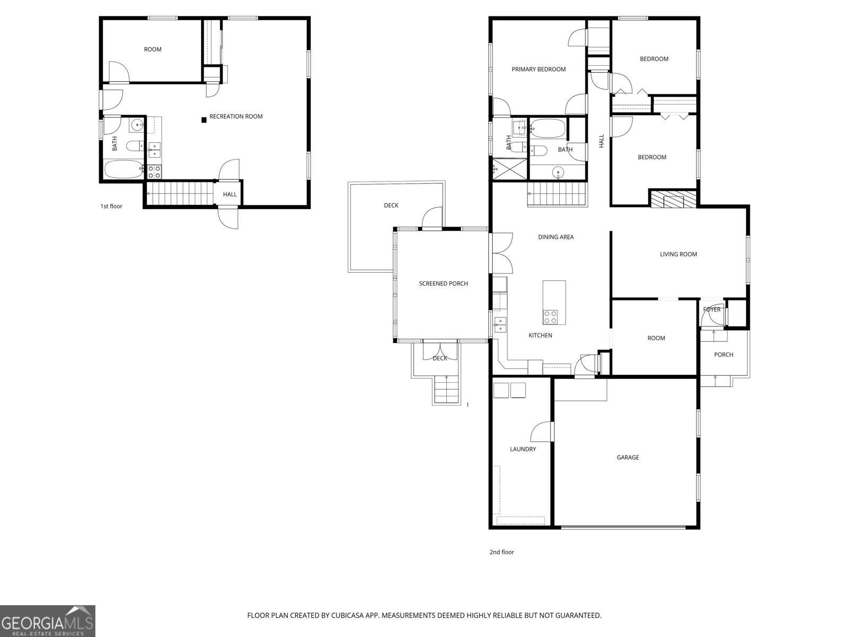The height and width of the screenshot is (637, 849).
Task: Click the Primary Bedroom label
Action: pos(538,69)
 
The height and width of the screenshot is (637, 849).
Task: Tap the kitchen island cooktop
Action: pos(550,317)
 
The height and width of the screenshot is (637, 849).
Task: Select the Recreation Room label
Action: pos(236,116)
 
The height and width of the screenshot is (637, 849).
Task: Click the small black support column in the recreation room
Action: pos(204,120)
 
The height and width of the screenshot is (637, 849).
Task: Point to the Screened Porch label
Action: pos(443,283)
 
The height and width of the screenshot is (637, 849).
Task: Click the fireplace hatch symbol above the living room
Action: pos(672,199)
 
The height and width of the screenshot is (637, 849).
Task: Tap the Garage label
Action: pos(627,457)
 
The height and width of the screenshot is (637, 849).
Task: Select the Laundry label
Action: pos(523,449)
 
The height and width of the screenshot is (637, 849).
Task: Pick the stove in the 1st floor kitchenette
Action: pos(154,171)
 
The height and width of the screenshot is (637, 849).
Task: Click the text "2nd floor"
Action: pos(501,552)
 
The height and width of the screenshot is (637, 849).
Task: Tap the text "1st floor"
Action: pos(111,206)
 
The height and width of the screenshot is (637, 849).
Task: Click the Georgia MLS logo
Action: pos(48,621)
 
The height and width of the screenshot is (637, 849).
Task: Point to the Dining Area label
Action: pos(556,237)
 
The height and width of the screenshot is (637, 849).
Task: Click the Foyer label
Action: pos(712,309)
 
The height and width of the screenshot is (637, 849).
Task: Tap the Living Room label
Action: pos(678,254)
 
